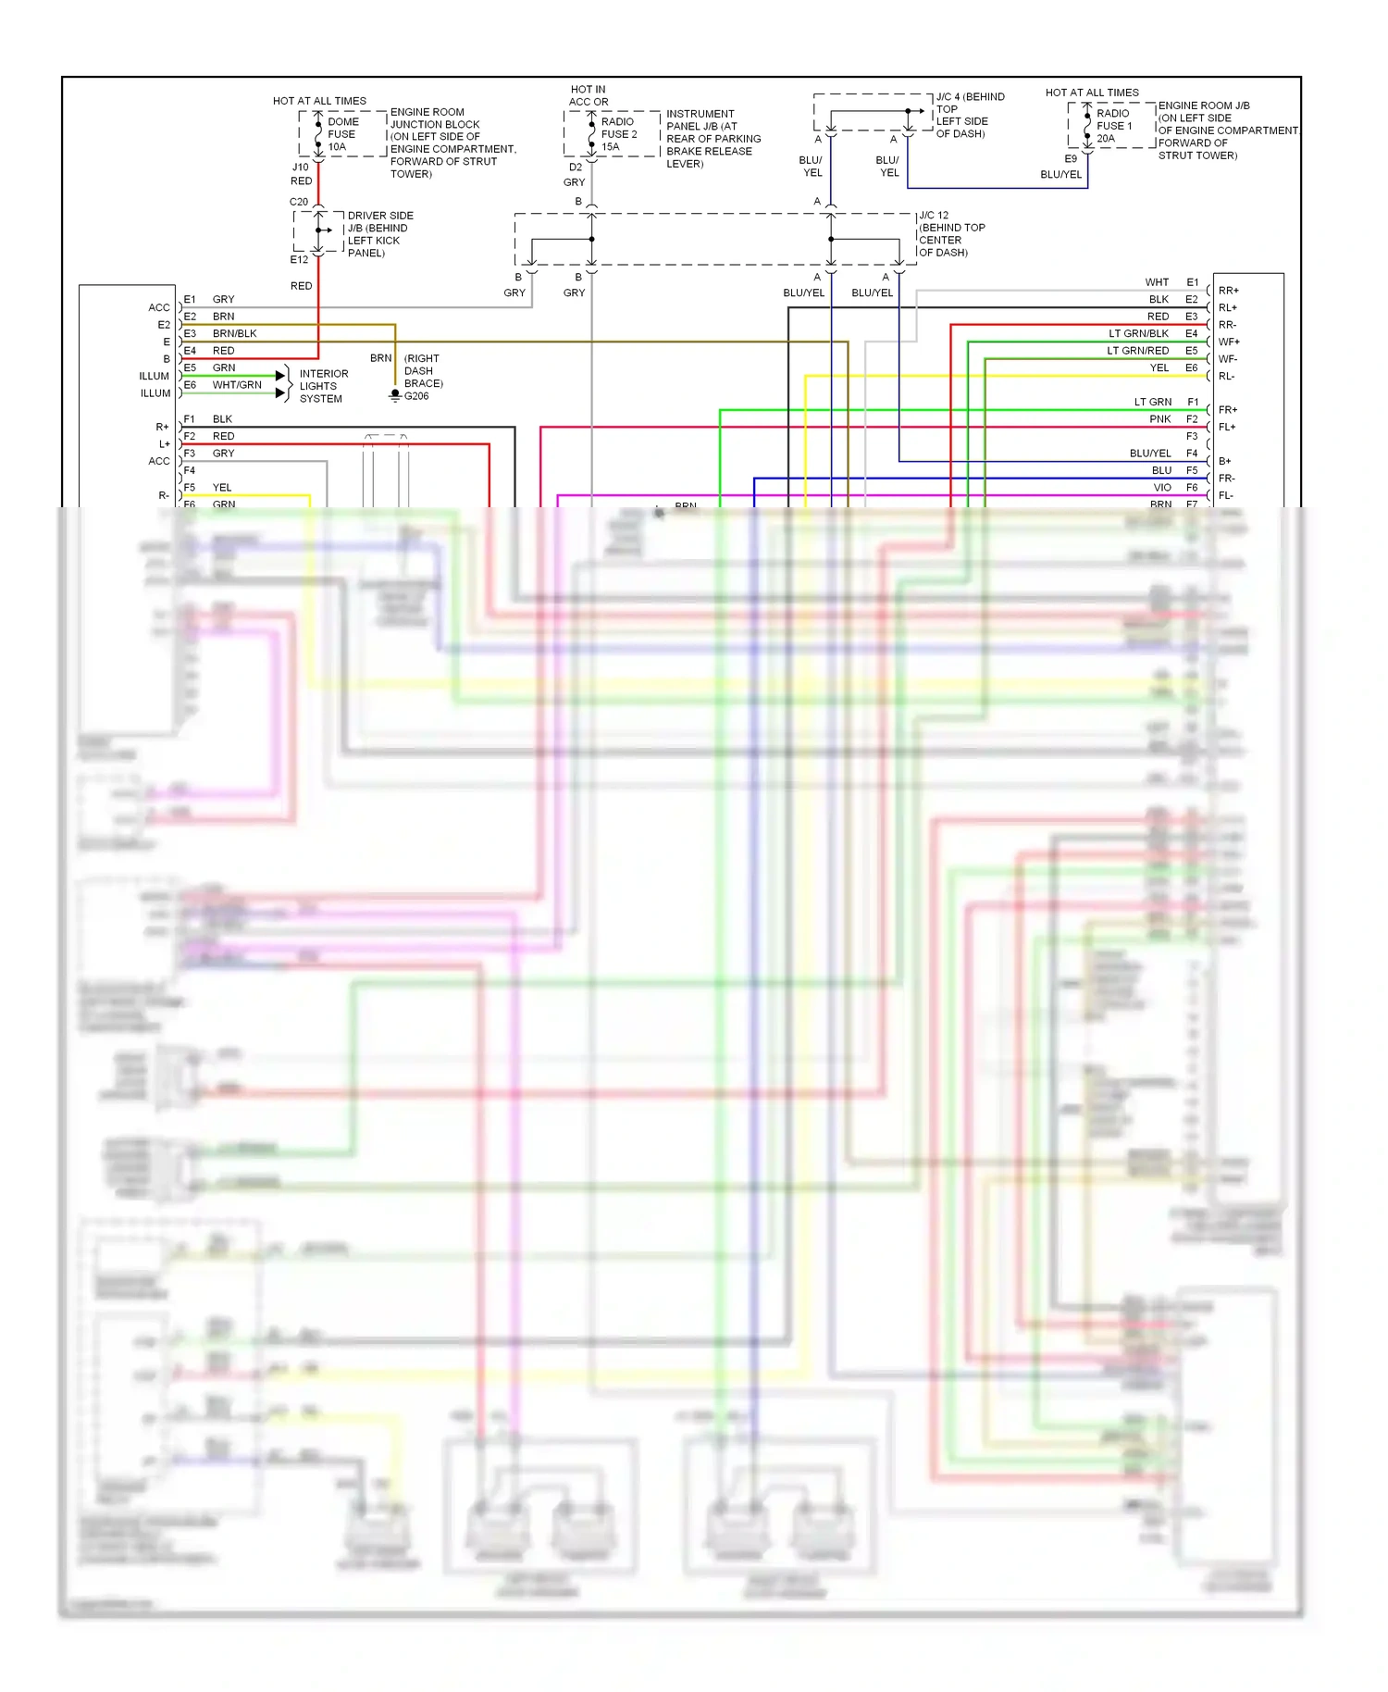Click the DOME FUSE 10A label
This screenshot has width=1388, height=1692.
pyautogui.click(x=341, y=134)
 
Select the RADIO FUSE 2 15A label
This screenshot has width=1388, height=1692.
pyautogui.click(x=618, y=134)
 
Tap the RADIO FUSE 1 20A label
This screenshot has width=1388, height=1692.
pyautogui.click(x=1113, y=126)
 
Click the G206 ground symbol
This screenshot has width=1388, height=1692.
pyautogui.click(x=395, y=395)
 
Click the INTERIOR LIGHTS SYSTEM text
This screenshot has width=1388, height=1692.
pyautogui.click(x=323, y=386)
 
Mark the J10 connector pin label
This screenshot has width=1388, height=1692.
pyautogui.click(x=301, y=168)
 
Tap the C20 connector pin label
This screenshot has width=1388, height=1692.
pyautogui.click(x=299, y=202)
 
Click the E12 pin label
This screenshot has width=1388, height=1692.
pyautogui.click(x=299, y=260)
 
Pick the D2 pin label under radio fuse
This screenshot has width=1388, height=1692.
pyautogui.click(x=576, y=168)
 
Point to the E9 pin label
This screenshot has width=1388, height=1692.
pyautogui.click(x=1071, y=159)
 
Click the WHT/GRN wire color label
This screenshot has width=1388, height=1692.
pyautogui.click(x=237, y=385)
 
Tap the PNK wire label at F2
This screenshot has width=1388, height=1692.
pyautogui.click(x=1160, y=419)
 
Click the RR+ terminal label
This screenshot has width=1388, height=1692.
pyautogui.click(x=1228, y=291)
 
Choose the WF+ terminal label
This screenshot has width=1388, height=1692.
pyautogui.click(x=1228, y=342)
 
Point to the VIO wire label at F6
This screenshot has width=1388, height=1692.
pyautogui.click(x=1162, y=488)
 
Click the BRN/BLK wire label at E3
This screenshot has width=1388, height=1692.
pyautogui.click(x=234, y=333)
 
